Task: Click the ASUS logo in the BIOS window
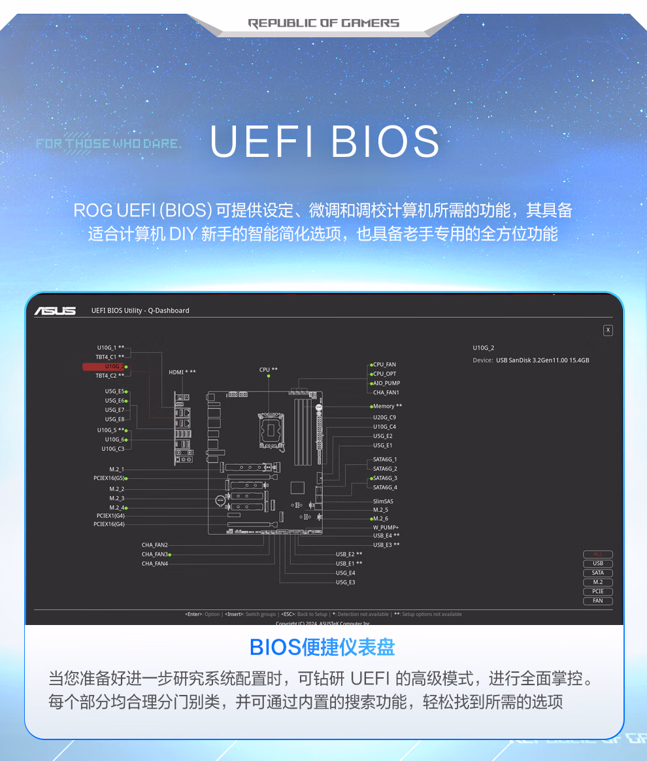55,311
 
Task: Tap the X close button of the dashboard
608,330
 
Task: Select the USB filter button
598,564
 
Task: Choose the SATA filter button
598,573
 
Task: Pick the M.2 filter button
598,582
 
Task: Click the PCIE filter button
598,592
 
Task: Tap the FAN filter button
598,601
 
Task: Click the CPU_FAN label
384,365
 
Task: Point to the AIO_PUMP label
386,383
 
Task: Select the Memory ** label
388,407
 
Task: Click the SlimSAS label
383,501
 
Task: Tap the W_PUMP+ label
386,527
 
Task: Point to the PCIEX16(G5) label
109,479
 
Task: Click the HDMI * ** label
182,372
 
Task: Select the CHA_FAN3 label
155,554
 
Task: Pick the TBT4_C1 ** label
110,357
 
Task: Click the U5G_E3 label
346,582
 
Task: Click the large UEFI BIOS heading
324,141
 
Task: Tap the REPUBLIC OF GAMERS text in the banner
323,24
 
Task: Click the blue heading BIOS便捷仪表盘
323,647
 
